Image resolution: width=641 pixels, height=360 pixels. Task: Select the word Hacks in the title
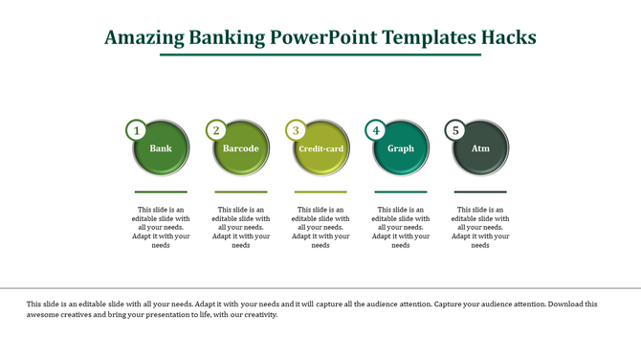[x=508, y=37]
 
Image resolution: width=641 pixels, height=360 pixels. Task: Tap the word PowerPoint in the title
[x=322, y=37]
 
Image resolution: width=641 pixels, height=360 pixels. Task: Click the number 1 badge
[x=137, y=130]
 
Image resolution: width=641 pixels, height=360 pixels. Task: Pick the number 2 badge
[x=217, y=130]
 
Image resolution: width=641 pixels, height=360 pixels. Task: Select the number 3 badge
[x=297, y=130]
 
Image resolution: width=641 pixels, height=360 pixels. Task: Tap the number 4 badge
[x=377, y=130]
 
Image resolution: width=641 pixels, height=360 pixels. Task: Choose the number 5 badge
[x=456, y=130]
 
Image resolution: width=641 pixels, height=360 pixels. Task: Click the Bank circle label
[x=161, y=148]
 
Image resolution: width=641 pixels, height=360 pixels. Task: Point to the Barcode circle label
[x=241, y=148]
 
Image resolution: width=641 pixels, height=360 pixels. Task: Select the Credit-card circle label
[x=320, y=149]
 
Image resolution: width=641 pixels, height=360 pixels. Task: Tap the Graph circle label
[x=401, y=148]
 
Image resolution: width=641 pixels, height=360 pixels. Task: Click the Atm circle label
[x=480, y=148]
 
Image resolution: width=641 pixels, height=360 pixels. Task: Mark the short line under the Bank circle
[x=161, y=191]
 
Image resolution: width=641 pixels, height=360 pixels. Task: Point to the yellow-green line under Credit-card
[x=320, y=191]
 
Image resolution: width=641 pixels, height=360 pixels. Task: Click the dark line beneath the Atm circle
[x=480, y=191]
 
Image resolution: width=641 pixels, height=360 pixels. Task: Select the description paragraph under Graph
[x=401, y=227]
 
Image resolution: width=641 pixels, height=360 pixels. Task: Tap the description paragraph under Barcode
[x=241, y=227]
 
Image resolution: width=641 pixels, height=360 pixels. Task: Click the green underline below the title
[x=320, y=55]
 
